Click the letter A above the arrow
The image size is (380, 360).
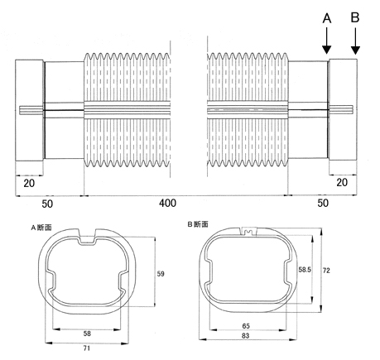pos(327,18)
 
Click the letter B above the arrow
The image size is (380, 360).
pos(355,17)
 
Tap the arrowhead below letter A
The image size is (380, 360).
pos(327,50)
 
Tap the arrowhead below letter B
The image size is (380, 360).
pos(355,50)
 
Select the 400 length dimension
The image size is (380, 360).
pos(167,204)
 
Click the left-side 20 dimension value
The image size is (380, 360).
pos(29,183)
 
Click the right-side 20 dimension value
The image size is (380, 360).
pos(342,182)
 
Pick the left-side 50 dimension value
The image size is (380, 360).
pos(47,204)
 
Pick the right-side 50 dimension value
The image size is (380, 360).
pos(323,203)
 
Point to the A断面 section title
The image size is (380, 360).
pos(41,228)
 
